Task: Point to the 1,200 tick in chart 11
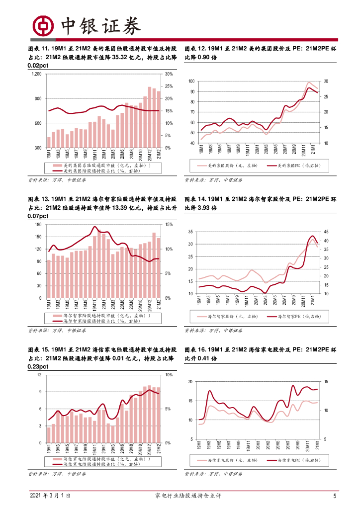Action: [x=35, y=74]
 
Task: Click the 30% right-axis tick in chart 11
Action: [x=168, y=74]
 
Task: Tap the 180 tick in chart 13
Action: [x=37, y=225]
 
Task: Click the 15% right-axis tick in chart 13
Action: [x=168, y=225]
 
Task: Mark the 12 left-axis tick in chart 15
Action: [x=39, y=375]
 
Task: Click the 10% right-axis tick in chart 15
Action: [x=168, y=375]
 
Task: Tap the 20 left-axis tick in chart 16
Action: [x=190, y=382]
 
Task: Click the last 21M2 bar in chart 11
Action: [x=159, y=119]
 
